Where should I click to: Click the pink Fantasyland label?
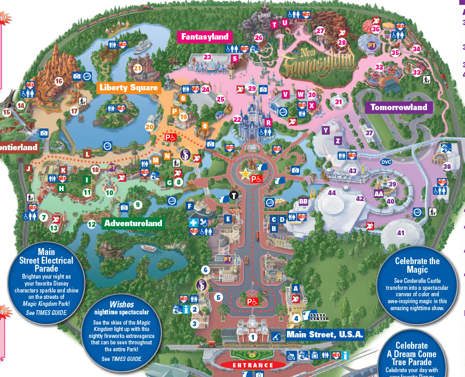(204, 37)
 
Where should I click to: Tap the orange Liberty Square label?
(128, 88)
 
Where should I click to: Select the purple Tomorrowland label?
(399, 107)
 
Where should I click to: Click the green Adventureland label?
(133, 224)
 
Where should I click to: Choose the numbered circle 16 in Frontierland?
(59, 81)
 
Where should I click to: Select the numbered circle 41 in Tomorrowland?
(401, 233)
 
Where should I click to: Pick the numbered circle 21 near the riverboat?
(138, 68)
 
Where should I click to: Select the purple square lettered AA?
(379, 194)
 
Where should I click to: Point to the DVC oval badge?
(386, 162)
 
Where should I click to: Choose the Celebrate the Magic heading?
(417, 265)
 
